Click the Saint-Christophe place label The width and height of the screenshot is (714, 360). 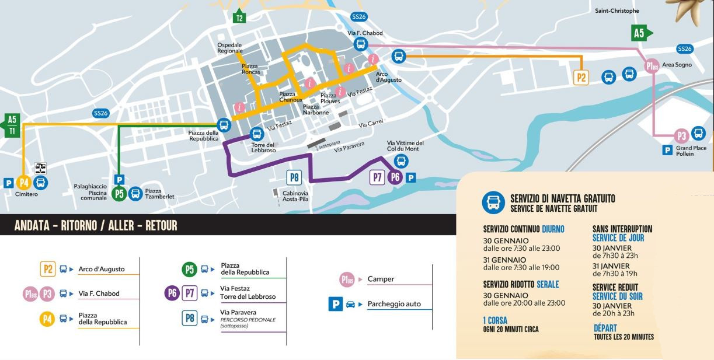click(617, 11)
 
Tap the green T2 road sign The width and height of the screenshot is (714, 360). click(239, 18)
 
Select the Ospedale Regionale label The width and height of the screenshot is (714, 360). click(229, 48)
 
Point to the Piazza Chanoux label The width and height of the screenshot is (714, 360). click(291, 97)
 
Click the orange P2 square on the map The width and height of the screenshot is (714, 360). click(581, 77)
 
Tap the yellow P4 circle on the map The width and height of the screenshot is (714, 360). click(23, 183)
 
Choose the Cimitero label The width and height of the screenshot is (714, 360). click(26, 194)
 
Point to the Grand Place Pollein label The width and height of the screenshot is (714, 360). click(691, 151)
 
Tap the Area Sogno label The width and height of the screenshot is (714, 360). click(678, 65)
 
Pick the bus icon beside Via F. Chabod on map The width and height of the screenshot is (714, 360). click(360, 44)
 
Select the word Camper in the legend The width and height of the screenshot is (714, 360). click(381, 279)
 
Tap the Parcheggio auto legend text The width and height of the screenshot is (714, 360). click(394, 304)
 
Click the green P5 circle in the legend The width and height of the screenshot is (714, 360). click(189, 269)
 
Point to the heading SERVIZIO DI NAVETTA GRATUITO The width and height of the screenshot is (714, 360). click(562, 199)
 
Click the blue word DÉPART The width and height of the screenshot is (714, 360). click(605, 328)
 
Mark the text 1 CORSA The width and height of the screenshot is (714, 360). click(495, 320)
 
